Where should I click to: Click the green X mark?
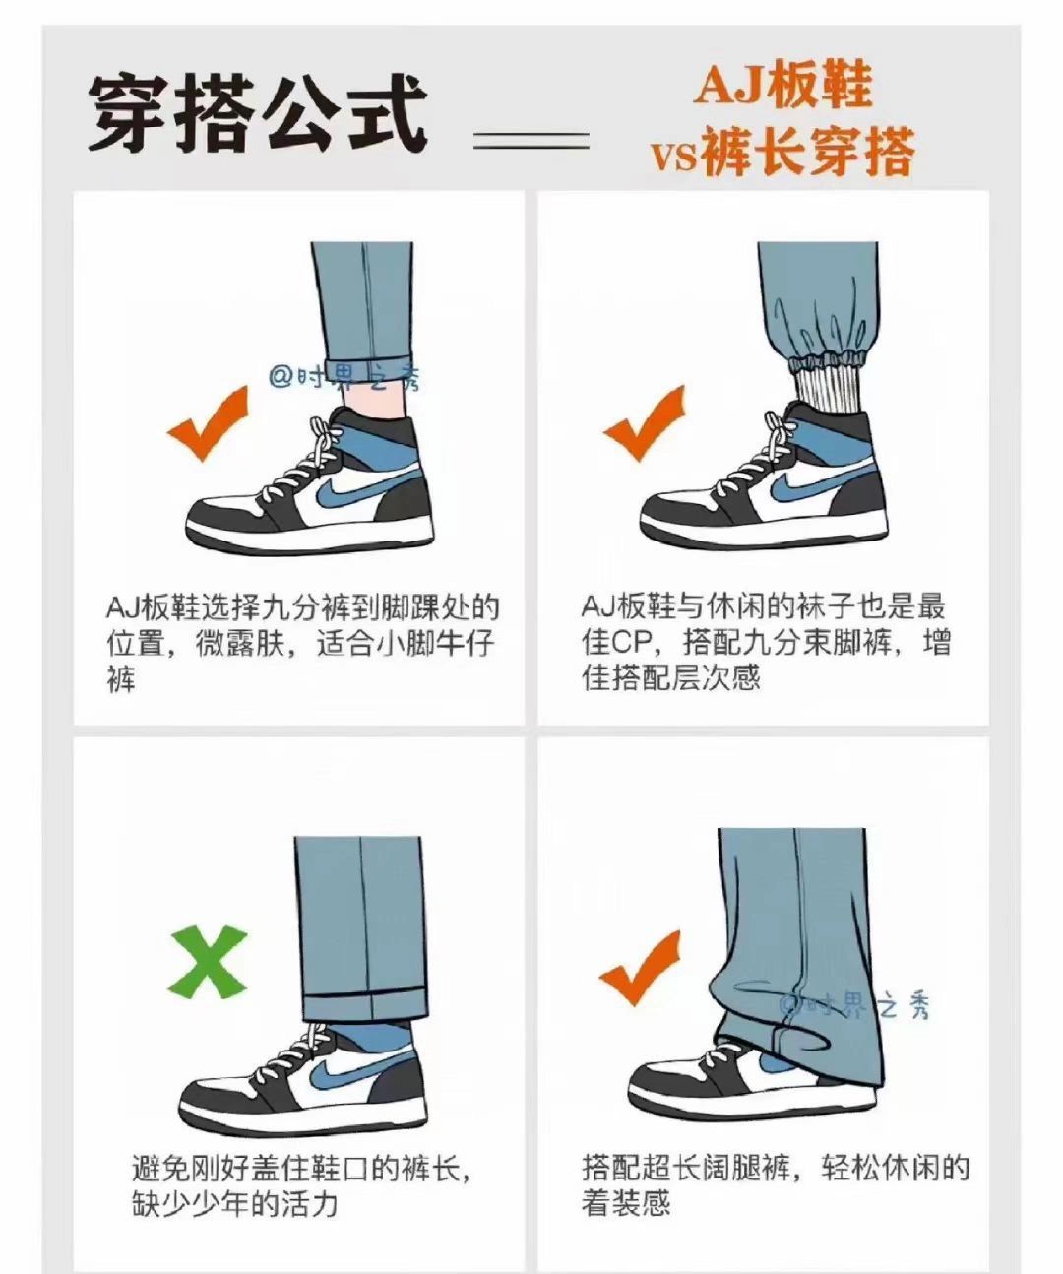tap(210, 961)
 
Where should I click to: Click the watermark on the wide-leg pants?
tap(854, 1006)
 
